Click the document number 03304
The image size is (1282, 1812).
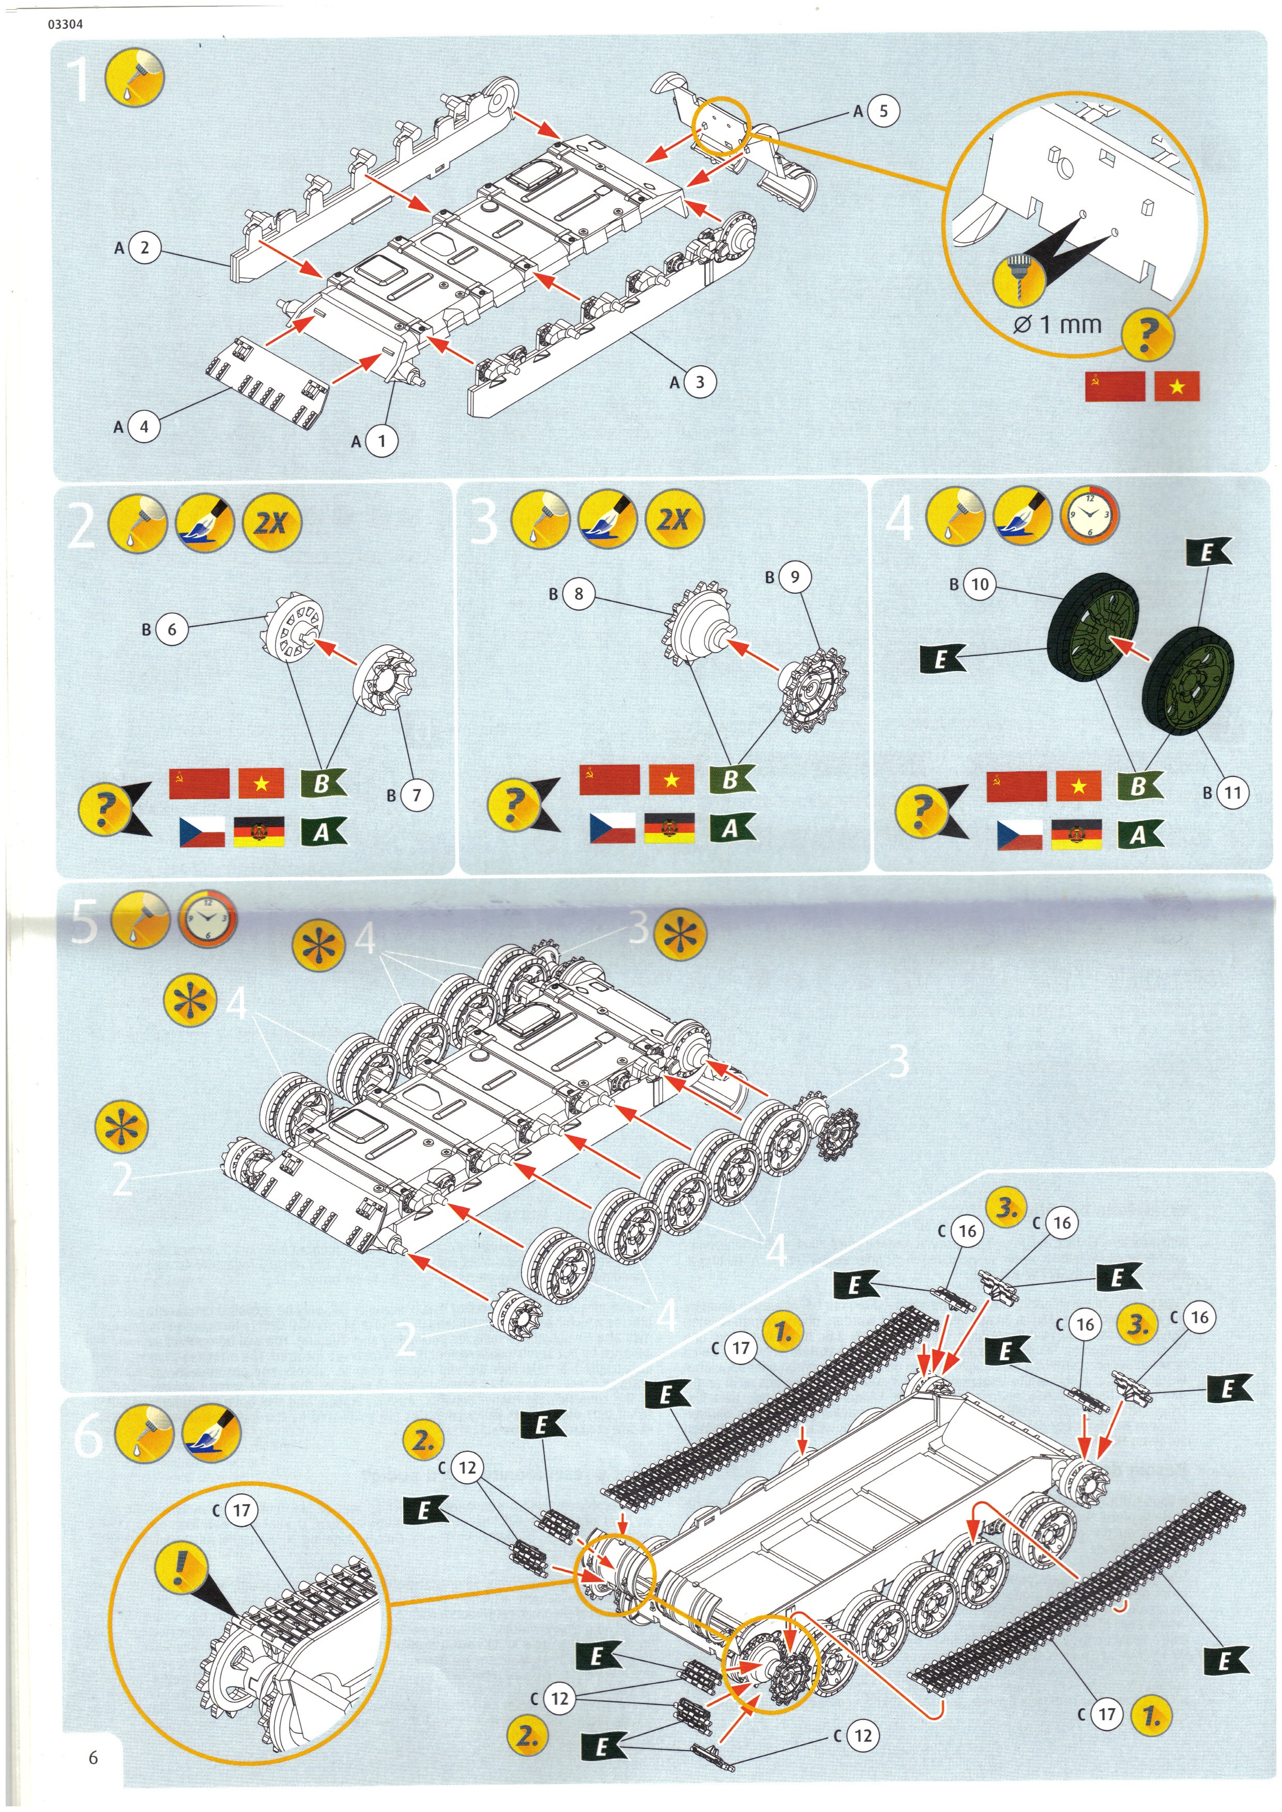[65, 24]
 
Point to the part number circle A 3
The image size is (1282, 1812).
[698, 382]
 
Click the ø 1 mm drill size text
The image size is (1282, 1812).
[1057, 324]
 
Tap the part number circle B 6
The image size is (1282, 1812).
[171, 629]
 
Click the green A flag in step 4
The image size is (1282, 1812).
[1140, 834]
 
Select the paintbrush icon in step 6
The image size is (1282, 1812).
[211, 1432]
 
